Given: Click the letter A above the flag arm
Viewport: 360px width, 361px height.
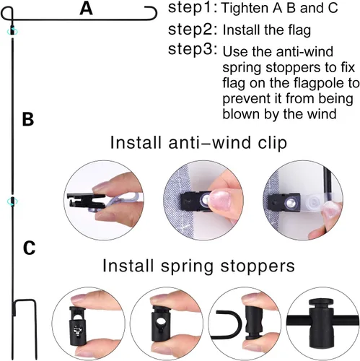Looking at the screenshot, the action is coord(86,9).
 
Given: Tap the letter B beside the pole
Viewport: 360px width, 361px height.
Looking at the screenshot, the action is coord(28,119).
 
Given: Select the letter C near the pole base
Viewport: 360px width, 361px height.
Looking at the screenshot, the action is coord(29,248).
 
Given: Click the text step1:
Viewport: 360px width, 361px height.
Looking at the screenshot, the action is coord(193,8).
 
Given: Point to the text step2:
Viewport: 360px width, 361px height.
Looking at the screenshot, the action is coord(193,30).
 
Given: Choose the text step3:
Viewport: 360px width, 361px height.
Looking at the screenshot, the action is coord(193,49).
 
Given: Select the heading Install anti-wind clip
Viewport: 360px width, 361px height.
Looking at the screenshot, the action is coord(198,143).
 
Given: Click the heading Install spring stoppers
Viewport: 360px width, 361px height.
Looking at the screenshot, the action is coord(198,266).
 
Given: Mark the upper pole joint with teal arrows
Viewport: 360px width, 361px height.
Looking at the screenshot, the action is coord(12,31).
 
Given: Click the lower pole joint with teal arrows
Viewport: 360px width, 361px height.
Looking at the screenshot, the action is coord(12,201).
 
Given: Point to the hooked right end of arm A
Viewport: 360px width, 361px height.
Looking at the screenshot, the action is coord(152,12).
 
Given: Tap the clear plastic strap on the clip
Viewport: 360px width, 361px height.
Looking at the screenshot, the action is coord(312,200).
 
